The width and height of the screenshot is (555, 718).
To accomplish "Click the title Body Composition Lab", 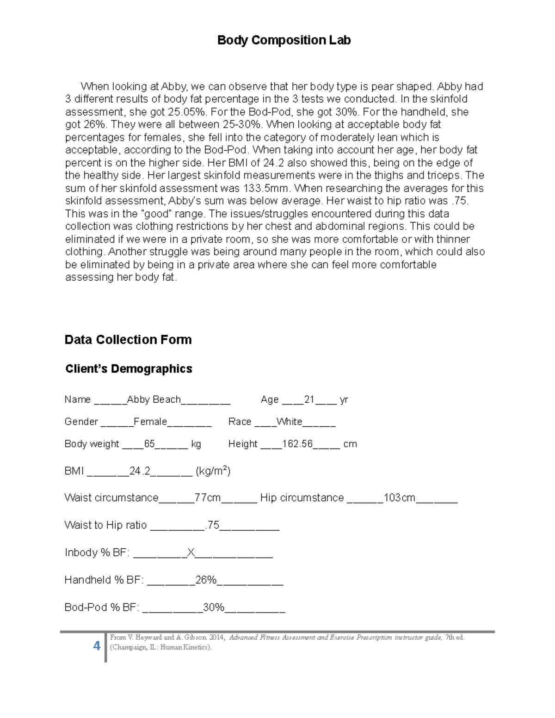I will pyautogui.click(x=284, y=40).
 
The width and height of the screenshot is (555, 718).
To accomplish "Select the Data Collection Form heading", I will pyautogui.click(x=128, y=340).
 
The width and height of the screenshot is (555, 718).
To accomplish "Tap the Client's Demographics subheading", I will pyautogui.click(x=129, y=369).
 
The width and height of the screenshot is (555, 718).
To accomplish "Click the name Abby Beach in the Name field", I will pyautogui.click(x=154, y=399).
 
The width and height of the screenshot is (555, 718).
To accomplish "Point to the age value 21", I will pyautogui.click(x=309, y=399).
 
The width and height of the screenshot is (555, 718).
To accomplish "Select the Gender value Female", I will pyautogui.click(x=150, y=422).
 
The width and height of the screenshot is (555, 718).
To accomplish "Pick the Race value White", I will pyautogui.click(x=289, y=422).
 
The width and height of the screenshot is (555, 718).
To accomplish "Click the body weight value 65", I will pyautogui.click(x=149, y=444).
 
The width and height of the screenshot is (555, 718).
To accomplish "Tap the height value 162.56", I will pyautogui.click(x=297, y=444).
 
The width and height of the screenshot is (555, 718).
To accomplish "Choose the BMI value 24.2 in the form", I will pyautogui.click(x=140, y=471).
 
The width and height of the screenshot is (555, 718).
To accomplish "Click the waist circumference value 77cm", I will pyautogui.click(x=208, y=498).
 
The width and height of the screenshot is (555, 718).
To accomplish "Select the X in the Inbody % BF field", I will pyautogui.click(x=191, y=552).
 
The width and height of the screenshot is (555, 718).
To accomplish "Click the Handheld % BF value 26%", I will pyautogui.click(x=206, y=580).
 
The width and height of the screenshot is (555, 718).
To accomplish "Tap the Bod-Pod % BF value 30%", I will pyautogui.click(x=214, y=607).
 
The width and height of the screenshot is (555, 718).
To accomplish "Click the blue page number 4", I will pyautogui.click(x=97, y=646).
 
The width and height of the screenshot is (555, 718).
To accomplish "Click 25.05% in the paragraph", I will pyautogui.click(x=185, y=112).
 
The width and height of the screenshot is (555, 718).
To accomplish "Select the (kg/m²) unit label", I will pyautogui.click(x=213, y=471).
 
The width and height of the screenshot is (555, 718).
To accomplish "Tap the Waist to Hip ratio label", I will pyautogui.click(x=105, y=525).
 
